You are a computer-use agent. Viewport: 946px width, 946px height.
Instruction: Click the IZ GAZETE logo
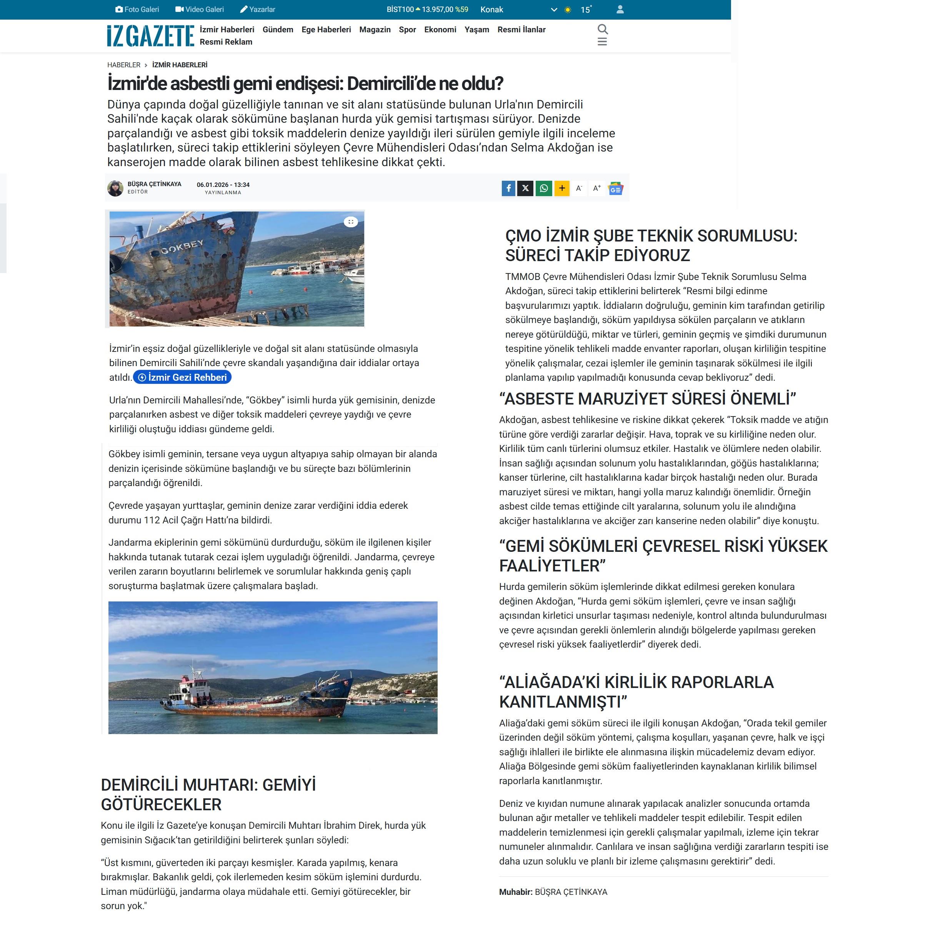coord(150,36)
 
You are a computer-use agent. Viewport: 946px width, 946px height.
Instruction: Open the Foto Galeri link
coord(137,9)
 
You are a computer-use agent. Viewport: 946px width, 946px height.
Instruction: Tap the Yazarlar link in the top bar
coord(258,9)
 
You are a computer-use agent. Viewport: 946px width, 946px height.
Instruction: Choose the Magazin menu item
coord(375,29)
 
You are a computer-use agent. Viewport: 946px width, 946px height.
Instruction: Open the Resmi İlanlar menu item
coord(521,29)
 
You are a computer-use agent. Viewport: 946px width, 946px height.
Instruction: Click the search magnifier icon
coord(602,29)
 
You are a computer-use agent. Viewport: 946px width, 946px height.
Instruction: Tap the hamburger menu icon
coord(602,42)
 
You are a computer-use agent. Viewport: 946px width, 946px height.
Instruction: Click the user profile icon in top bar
coord(620,9)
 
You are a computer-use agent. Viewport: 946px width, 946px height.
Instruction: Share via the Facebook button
coord(508,188)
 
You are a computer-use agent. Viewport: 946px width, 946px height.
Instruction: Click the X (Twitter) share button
coord(525,188)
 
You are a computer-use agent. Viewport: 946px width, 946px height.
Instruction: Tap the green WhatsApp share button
coord(543,188)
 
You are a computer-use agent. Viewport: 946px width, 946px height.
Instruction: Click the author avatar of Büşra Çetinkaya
coord(115,188)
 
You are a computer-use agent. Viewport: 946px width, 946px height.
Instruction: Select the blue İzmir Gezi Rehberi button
coord(182,377)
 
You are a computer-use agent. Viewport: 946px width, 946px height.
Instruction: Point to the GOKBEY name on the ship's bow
coord(182,247)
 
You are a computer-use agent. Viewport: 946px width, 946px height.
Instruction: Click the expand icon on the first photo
coord(351,222)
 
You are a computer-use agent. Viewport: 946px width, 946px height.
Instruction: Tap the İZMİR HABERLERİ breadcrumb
coord(179,65)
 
